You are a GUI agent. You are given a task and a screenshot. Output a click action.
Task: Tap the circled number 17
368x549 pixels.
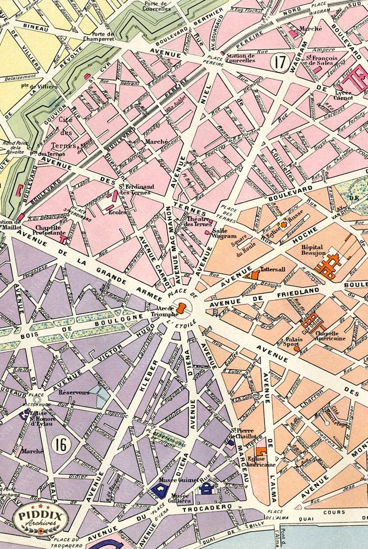tap(280, 63)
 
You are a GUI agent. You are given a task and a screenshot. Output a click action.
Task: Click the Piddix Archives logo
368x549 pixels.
tap(40, 519)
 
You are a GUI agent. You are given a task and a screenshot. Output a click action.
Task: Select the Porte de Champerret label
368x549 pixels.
tap(103, 37)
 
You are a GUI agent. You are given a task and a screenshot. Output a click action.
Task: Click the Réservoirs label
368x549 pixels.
tap(74, 392)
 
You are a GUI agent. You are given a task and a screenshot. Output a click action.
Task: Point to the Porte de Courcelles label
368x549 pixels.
tap(156, 6)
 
